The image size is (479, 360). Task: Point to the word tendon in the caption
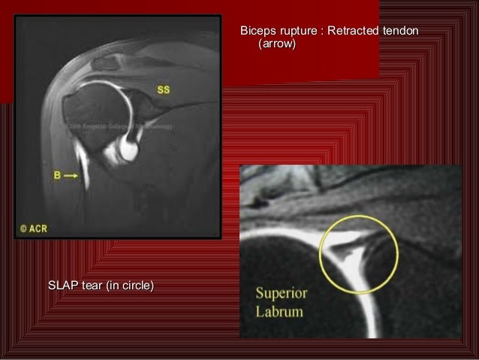click(x=400, y=31)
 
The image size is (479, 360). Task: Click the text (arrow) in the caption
click(x=276, y=45)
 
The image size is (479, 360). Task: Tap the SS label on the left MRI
click(x=163, y=90)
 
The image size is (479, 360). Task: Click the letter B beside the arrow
click(x=56, y=175)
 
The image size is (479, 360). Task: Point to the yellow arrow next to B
click(x=70, y=175)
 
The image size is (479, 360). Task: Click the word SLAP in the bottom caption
click(x=62, y=286)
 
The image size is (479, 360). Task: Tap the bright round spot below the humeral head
click(x=129, y=150)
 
